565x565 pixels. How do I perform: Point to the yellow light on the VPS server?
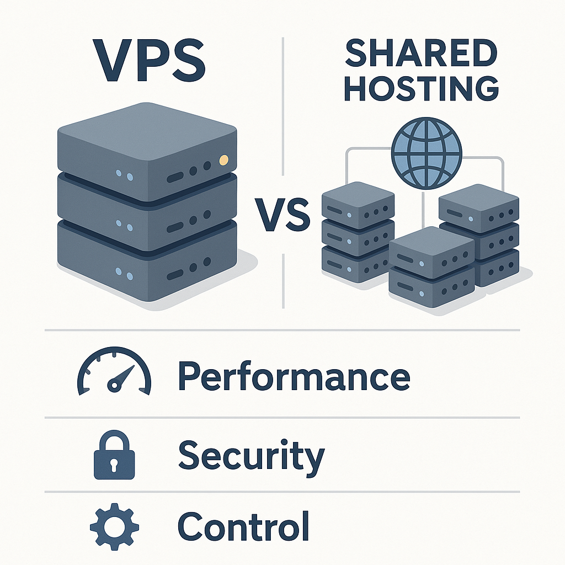point(223,161)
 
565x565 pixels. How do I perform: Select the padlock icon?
point(114,456)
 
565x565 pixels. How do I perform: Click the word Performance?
point(294,376)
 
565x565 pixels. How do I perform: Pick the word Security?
point(252,456)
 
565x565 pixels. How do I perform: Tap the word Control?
point(243,526)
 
